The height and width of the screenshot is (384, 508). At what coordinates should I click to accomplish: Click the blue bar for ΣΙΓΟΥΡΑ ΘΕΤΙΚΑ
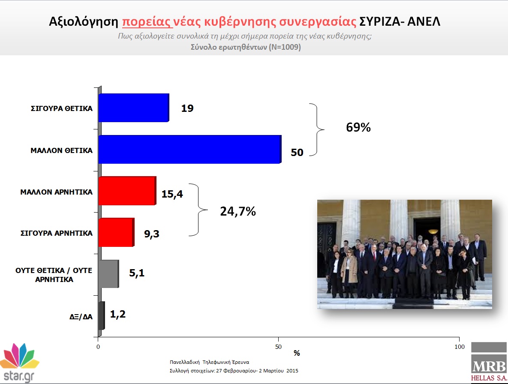[134, 108]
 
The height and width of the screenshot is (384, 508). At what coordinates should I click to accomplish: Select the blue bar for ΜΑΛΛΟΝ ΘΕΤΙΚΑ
[190, 149]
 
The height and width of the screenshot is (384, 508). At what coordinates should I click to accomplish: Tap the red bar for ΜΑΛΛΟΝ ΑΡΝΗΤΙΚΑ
[127, 191]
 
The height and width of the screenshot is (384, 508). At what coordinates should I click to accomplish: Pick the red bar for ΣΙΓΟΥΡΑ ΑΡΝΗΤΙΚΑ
[116, 232]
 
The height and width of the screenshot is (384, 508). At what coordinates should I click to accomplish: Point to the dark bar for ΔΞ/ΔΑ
[102, 315]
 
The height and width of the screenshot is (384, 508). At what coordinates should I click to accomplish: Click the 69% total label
[358, 127]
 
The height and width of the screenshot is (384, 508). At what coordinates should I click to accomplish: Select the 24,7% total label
[238, 211]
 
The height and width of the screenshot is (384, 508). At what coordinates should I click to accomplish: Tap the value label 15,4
[172, 194]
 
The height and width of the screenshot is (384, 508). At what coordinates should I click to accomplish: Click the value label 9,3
[152, 234]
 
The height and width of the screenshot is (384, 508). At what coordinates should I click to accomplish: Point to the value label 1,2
[117, 314]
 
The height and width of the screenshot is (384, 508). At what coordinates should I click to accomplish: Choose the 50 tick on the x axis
[278, 347]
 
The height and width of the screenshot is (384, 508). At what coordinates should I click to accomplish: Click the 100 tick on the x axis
[460, 347]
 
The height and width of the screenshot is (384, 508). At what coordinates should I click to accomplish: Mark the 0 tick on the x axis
[98, 347]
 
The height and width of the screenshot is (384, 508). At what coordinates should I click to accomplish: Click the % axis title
[297, 353]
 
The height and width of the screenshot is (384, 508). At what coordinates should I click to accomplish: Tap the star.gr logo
[19, 363]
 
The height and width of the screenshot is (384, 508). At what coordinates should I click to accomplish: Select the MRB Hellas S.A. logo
[489, 362]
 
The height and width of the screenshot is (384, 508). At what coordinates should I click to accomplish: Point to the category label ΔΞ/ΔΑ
[81, 317]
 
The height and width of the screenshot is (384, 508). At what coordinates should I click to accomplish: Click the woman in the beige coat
[349, 273]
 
